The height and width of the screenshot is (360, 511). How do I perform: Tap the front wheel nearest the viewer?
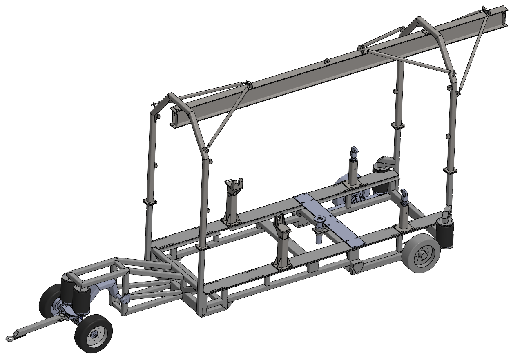94,334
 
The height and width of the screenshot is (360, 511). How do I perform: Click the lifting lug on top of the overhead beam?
326,61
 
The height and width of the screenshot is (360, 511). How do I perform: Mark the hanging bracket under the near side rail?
356,267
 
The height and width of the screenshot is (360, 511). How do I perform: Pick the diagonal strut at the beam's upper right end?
474,49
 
